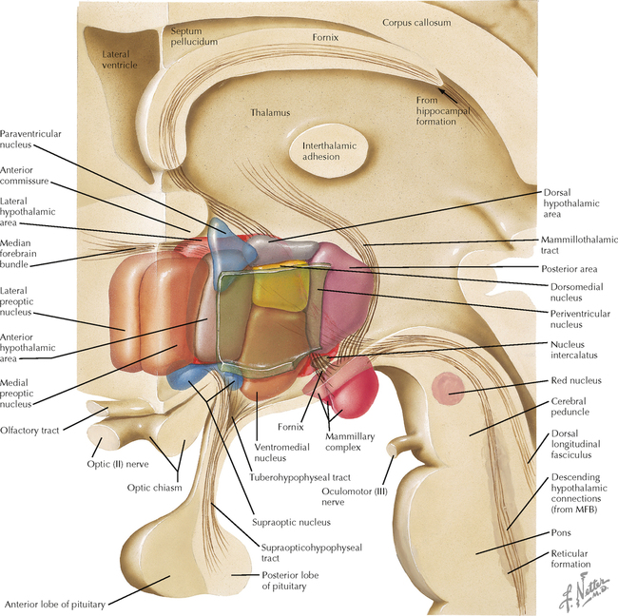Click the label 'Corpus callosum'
(x=415, y=21)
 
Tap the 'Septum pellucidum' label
(x=194, y=36)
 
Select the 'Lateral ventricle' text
(x=120, y=60)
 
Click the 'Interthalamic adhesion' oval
(x=326, y=153)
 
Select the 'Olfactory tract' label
(x=29, y=430)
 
